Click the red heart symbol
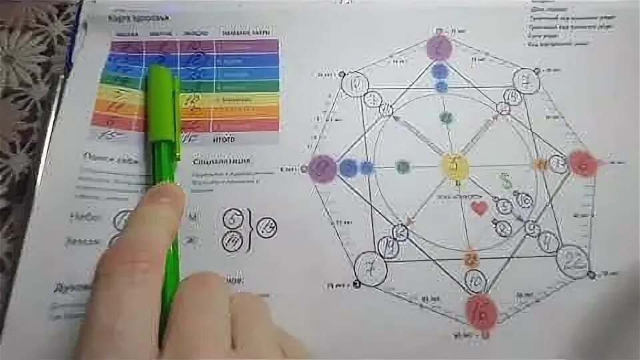pyautogui.click(x=479, y=209)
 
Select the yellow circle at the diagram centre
pyautogui.click(x=455, y=165)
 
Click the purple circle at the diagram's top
pyautogui.click(x=439, y=48)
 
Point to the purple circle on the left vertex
pyautogui.click(x=323, y=168)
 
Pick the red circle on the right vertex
pyautogui.click(x=582, y=163)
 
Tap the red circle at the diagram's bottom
pyautogui.click(x=481, y=311)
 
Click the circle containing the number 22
pyautogui.click(x=573, y=259)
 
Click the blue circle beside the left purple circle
pyautogui.click(x=348, y=168)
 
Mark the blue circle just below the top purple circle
pyautogui.click(x=440, y=71)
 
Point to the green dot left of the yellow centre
pyautogui.click(x=402, y=167)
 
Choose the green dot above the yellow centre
pyautogui.click(x=446, y=118)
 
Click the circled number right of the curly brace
pyautogui.click(x=268, y=228)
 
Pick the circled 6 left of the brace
pyautogui.click(x=232, y=218)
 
